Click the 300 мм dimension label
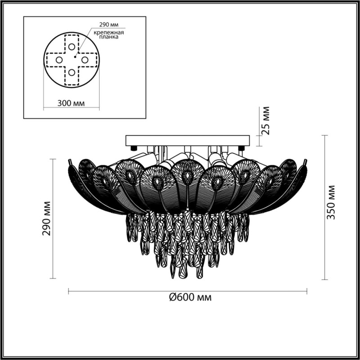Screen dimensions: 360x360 tap(72, 103)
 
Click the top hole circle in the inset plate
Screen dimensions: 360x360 tap(72, 47)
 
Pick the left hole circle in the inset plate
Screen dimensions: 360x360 tap(59, 59)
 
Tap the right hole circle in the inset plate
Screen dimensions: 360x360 tap(84, 59)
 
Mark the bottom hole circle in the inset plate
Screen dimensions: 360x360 tap(72, 72)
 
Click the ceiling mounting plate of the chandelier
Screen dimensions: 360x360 tap(187, 140)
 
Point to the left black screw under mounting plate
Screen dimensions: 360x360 tap(134, 148)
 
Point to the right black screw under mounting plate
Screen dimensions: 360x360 tap(241, 148)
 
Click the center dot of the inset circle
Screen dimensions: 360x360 tap(75, 56)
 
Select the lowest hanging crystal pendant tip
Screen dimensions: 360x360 tap(182, 275)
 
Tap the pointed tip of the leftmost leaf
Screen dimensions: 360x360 tap(69, 161)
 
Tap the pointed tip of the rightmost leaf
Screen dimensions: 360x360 tap(306, 161)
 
